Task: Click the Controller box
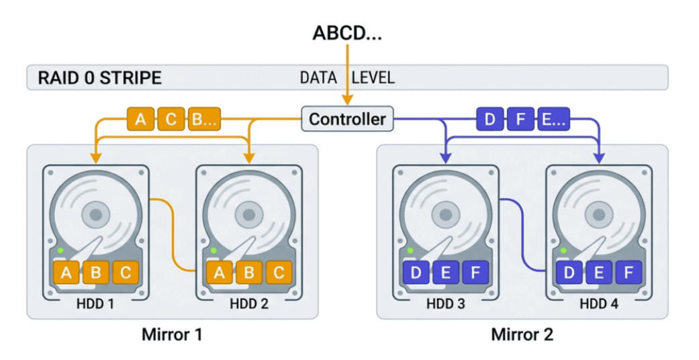(347, 120)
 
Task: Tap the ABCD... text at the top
(347, 34)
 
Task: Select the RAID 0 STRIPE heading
(99, 78)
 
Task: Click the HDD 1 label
(96, 304)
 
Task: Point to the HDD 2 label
(249, 304)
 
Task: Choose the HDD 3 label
(445, 304)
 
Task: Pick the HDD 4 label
(599, 304)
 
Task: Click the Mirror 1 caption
(171, 334)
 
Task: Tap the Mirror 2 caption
(522, 334)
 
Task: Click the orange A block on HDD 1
(66, 273)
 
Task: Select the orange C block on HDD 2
(277, 273)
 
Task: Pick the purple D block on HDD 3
(416, 273)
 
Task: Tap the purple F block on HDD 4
(628, 273)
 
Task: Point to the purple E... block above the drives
(553, 120)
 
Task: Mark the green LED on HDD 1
(60, 251)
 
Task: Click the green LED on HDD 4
(563, 251)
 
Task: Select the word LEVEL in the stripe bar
(373, 78)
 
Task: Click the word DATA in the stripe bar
(318, 78)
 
